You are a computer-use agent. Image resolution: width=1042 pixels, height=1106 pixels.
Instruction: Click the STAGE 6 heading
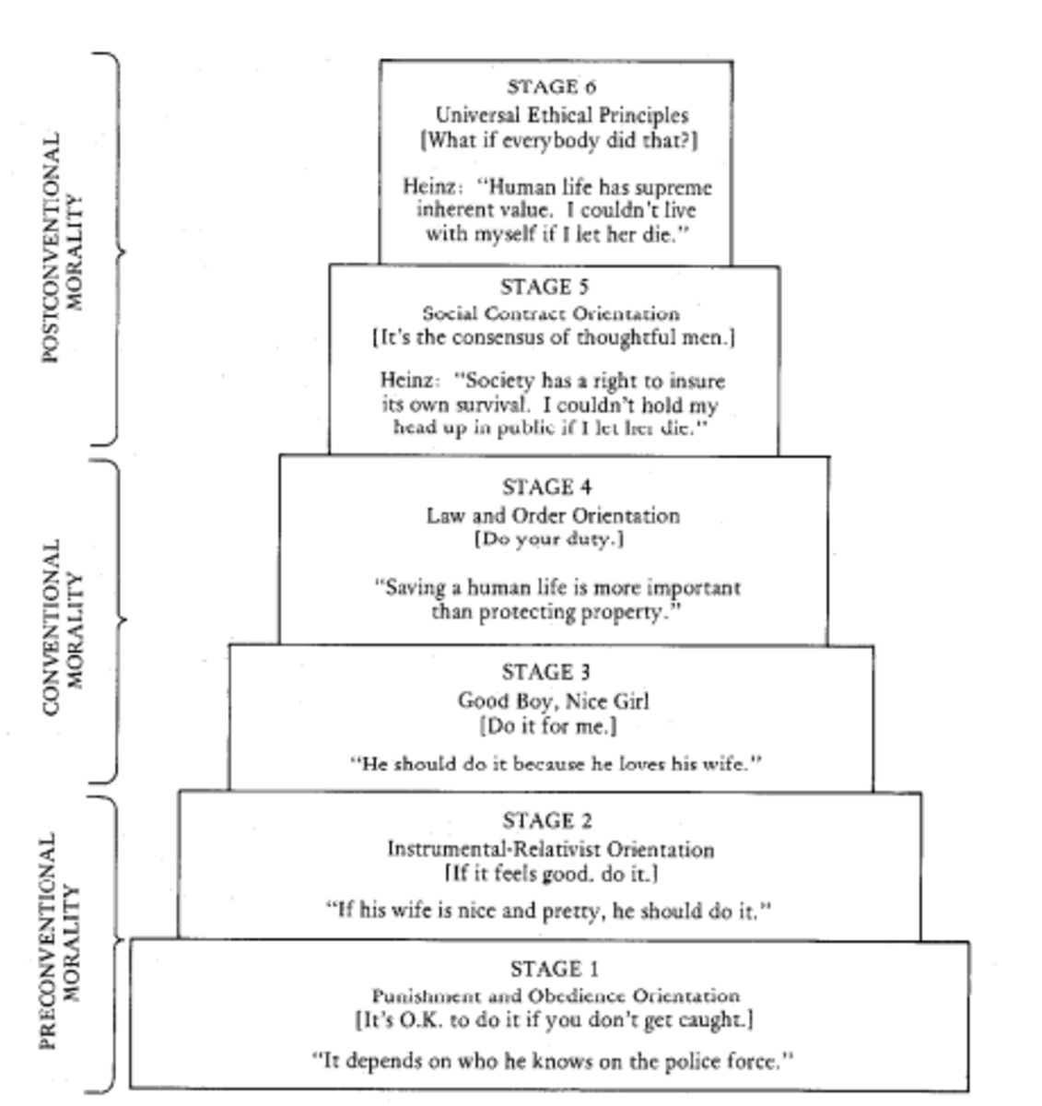pos(552,87)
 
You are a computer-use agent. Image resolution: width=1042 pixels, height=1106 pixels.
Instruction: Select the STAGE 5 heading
pos(544,287)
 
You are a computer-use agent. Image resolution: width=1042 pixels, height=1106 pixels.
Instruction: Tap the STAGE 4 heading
pos(547,487)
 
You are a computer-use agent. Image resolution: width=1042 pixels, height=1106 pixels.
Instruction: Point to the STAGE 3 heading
pos(546,672)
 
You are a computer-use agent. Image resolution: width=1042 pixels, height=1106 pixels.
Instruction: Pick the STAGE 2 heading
pos(547,820)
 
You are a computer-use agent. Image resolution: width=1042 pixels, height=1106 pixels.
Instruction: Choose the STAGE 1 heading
pos(555,969)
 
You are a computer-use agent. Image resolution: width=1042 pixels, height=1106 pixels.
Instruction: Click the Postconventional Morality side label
pos(64,247)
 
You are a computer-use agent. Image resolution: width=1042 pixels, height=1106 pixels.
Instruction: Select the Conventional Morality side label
pos(64,626)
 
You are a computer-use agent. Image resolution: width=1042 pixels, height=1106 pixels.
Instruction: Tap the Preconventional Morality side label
pos(63,941)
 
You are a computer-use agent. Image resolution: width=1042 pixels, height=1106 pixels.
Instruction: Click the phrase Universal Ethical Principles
pos(561,115)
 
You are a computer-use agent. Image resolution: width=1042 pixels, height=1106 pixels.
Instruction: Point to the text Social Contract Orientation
pos(551,313)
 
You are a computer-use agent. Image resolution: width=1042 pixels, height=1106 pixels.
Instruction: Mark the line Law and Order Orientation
pos(553,515)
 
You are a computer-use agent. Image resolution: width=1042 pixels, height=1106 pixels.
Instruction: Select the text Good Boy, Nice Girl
pos(554,700)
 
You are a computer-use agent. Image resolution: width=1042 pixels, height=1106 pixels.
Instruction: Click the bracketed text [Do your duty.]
pos(549,539)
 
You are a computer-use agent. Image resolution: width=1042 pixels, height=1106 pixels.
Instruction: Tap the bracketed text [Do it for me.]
pos(548,726)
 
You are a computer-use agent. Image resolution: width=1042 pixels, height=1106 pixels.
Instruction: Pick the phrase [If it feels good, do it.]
pos(551,873)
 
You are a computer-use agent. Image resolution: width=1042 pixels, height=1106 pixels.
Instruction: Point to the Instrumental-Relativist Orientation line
pos(550,849)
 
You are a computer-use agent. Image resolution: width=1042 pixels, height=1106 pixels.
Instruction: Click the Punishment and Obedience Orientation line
pos(556,996)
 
